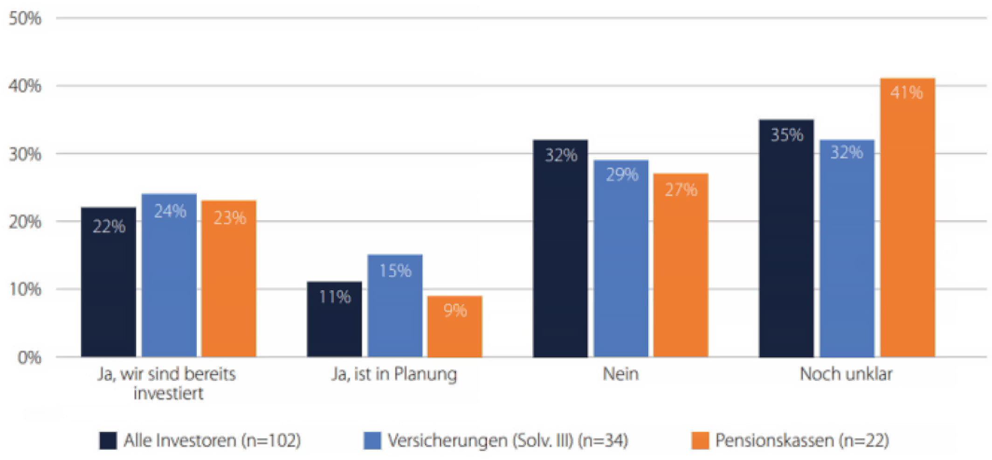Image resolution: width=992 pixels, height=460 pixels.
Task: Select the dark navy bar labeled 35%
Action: coord(786,238)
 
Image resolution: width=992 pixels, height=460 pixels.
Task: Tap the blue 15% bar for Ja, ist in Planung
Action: coord(395,306)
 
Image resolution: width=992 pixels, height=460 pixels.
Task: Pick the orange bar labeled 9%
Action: coord(455,327)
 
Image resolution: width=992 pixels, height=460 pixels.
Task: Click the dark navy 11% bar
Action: coord(334,320)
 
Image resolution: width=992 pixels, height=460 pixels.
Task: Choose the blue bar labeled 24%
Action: coord(169,275)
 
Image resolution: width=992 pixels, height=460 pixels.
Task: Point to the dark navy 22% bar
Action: coord(109,282)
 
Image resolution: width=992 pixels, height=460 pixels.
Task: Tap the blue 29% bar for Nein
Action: coord(621,258)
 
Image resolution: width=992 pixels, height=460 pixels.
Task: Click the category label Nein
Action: coord(620,374)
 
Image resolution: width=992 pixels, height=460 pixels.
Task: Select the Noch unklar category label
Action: coord(846,374)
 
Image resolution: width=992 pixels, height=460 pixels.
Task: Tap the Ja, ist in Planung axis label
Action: coord(394,374)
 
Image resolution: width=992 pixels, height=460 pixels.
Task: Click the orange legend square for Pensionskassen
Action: coord(700,440)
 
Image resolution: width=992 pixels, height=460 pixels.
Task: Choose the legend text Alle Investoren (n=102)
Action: coord(212,440)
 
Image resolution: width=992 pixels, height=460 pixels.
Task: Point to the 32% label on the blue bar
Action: coord(847,152)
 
